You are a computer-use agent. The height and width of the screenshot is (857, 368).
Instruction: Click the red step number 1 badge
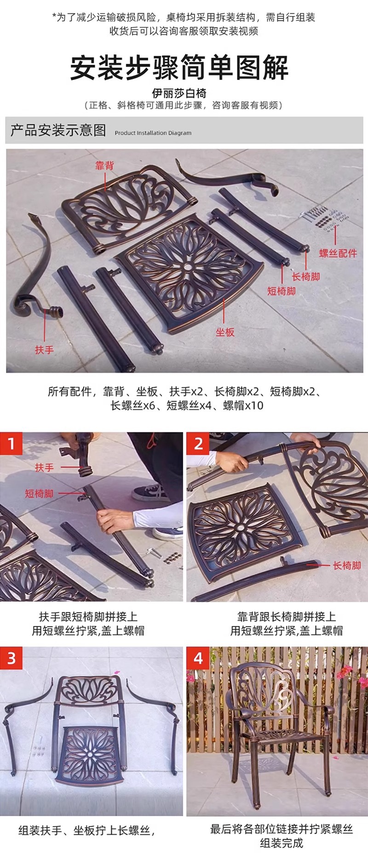tap(11, 444)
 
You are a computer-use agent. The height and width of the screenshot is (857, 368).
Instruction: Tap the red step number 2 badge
tap(198, 444)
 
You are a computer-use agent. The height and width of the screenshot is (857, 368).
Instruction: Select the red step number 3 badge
tap(11, 658)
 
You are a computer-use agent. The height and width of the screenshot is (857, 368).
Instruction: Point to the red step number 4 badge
tap(198, 658)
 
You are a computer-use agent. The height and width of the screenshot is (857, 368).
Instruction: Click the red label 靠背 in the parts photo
tap(104, 166)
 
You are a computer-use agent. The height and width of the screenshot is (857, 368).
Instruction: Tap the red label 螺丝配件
tap(338, 253)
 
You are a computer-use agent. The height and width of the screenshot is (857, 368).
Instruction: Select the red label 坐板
tap(225, 332)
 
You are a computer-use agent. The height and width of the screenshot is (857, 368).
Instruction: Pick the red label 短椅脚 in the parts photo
tap(282, 291)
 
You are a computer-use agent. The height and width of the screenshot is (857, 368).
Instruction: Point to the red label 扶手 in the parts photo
tap(45, 350)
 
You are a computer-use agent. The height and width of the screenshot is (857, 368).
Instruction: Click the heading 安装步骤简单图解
tap(179, 68)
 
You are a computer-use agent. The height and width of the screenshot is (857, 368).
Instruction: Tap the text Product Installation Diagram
tap(153, 133)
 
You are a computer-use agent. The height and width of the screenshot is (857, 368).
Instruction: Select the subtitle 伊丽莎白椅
tap(184, 93)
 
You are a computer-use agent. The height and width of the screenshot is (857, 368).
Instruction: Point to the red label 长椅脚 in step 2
tap(347, 566)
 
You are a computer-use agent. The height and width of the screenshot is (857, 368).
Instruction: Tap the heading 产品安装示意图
tap(58, 131)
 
